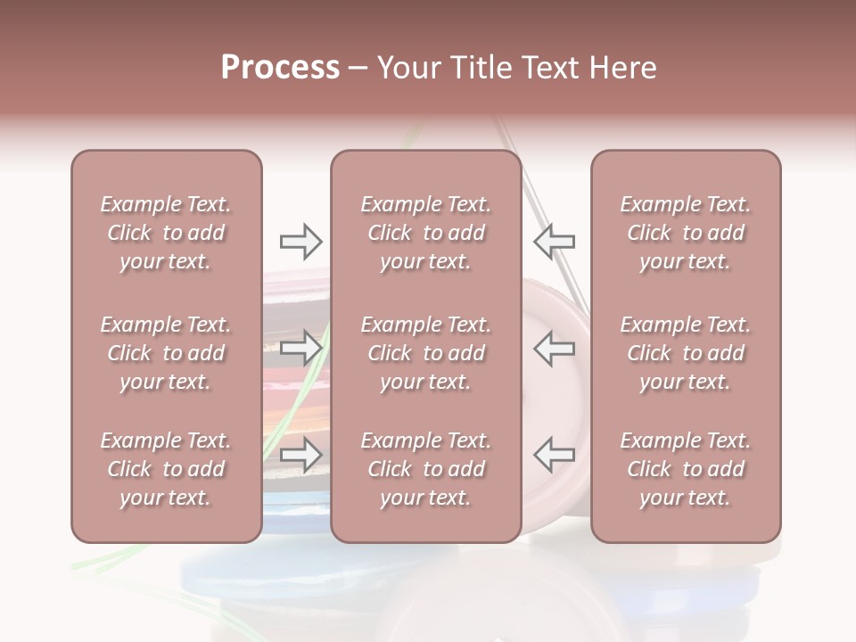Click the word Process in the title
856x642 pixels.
pos(280,68)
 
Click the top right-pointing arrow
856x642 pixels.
pos(301,241)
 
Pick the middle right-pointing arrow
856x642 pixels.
pos(301,348)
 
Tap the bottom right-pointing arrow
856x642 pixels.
pos(301,455)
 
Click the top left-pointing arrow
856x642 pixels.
pos(554,241)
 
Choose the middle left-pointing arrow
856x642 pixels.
pos(554,348)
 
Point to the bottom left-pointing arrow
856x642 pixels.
pos(554,455)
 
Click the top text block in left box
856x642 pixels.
pos(166,233)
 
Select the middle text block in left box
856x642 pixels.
pos(166,353)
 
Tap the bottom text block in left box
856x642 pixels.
pos(166,469)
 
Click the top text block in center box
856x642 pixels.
pos(426,233)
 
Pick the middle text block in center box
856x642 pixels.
pos(426,353)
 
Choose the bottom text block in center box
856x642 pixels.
pos(426,469)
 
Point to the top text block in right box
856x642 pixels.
pos(686,233)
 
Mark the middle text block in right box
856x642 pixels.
pos(686,353)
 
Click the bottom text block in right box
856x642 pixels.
pos(686,469)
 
